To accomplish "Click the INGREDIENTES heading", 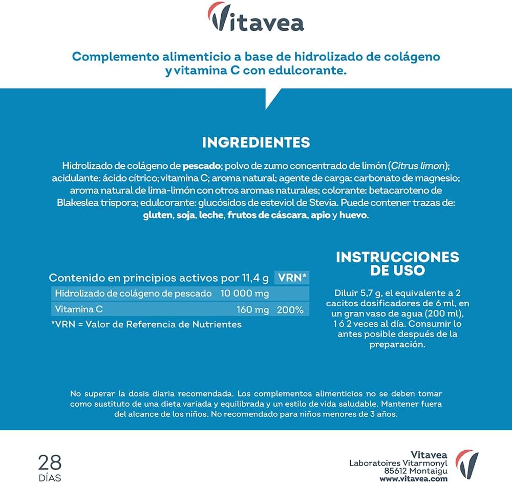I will (x=255, y=142).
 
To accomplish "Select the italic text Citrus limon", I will (x=418, y=166).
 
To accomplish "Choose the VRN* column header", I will (x=292, y=278).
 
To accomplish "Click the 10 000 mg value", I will (x=244, y=293).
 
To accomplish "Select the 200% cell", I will (x=290, y=310).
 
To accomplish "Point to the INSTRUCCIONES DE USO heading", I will (x=397, y=263).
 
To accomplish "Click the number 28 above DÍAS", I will (x=50, y=462).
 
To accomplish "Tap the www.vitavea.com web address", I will (x=414, y=479).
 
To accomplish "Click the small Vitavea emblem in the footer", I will (x=467, y=463).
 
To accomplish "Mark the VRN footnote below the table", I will (x=146, y=324).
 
